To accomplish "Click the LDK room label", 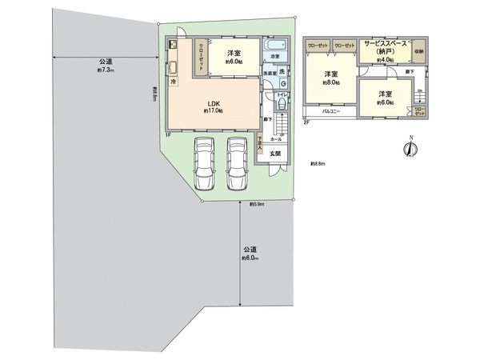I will [x=214, y=104].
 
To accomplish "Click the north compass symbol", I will [x=410, y=149].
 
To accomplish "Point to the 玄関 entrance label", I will [x=274, y=154].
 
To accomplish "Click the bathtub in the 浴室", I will [x=280, y=46].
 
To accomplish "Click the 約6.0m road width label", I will [x=250, y=254].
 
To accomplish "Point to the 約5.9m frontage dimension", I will [x=257, y=205].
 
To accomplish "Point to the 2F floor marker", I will [x=306, y=122].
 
